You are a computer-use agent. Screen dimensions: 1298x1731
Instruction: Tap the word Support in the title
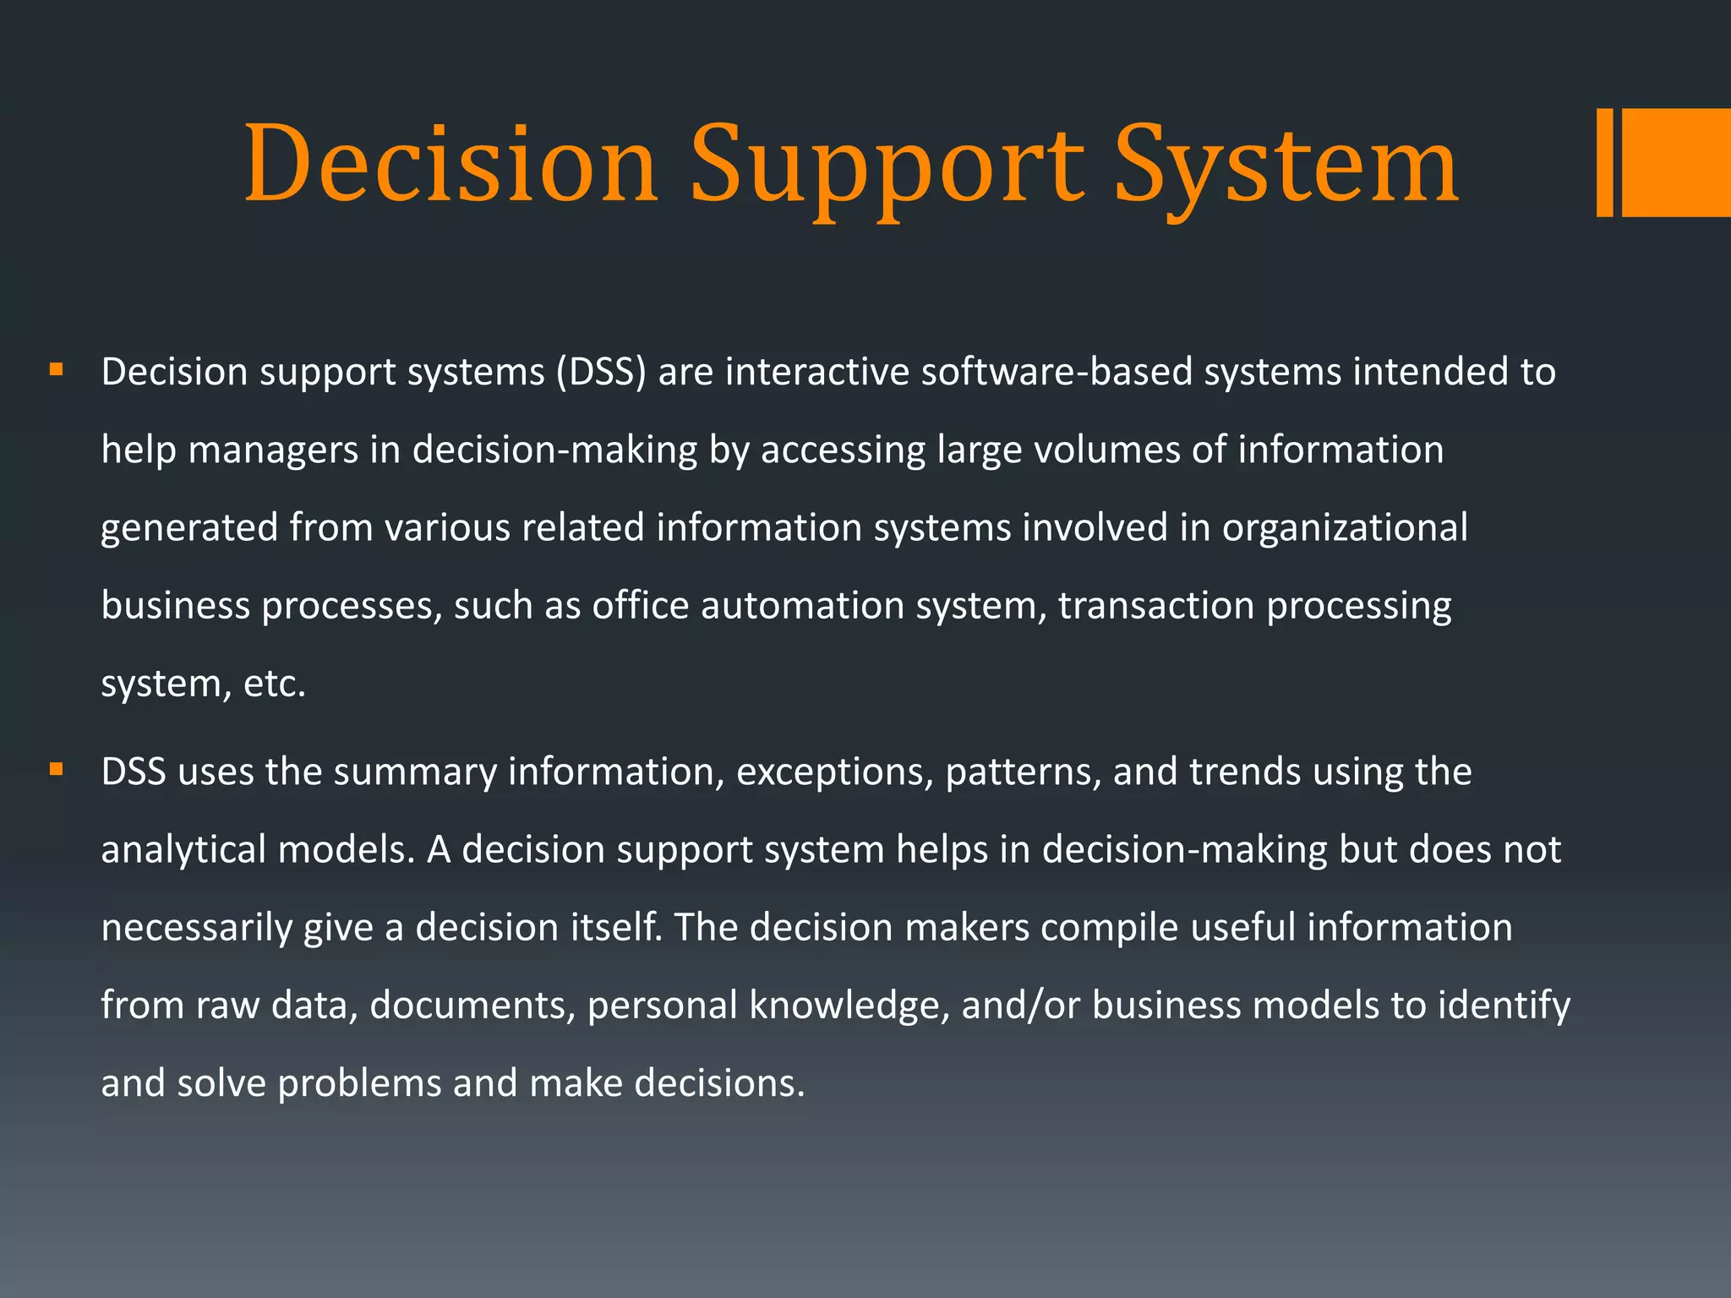coord(887,165)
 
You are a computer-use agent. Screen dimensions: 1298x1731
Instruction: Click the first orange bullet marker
coord(57,369)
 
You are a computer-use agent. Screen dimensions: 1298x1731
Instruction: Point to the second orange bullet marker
coord(57,769)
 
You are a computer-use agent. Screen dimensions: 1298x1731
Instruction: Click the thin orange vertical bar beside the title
coord(1604,162)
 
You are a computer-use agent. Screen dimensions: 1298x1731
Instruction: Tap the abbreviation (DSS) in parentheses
coord(601,372)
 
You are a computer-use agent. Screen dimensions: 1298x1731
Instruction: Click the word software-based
coord(1057,372)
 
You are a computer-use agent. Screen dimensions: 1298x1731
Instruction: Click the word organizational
coord(1345,528)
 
